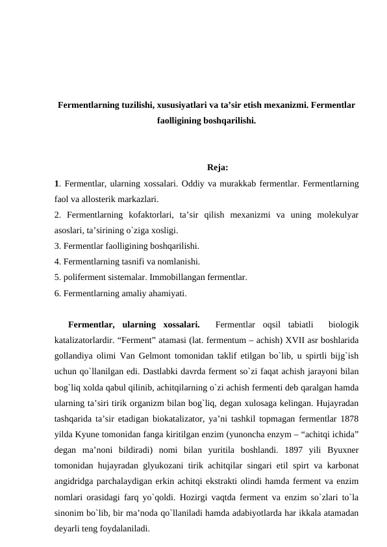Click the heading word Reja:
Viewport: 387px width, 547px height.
point(217,168)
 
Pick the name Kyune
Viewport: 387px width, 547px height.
point(93,433)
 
